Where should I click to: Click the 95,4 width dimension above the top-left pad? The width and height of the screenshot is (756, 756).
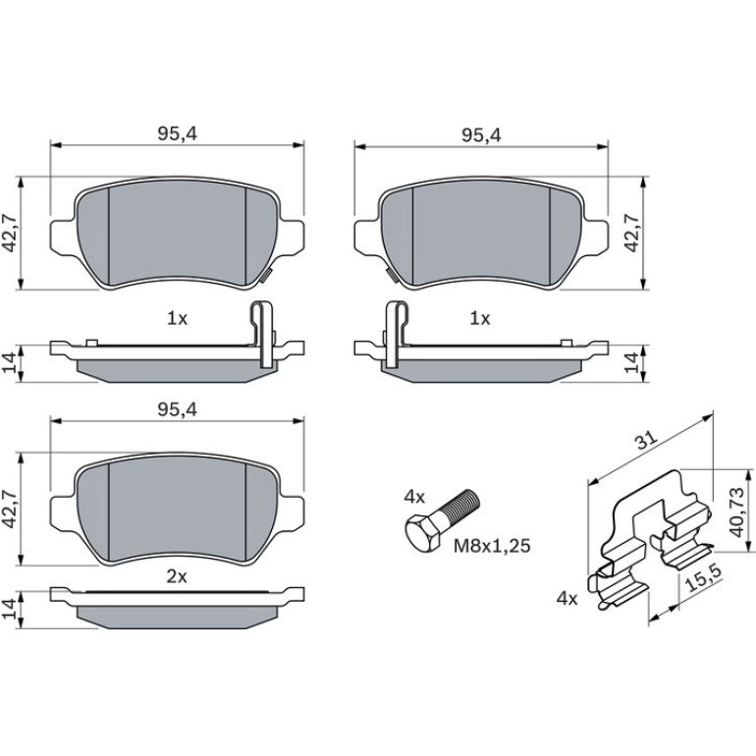coord(178,135)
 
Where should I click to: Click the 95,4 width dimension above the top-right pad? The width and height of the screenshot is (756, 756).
coord(481,135)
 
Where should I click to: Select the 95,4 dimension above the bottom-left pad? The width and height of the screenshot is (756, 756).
coord(178,410)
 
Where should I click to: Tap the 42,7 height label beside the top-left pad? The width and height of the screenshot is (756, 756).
coord(10,233)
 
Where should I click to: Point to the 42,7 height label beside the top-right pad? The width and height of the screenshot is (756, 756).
coord(631,233)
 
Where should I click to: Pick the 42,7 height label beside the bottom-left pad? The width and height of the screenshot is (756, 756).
coord(10,510)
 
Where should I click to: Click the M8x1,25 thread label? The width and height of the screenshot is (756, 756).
coord(492,546)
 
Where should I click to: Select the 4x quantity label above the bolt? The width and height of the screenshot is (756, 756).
coord(414,497)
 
